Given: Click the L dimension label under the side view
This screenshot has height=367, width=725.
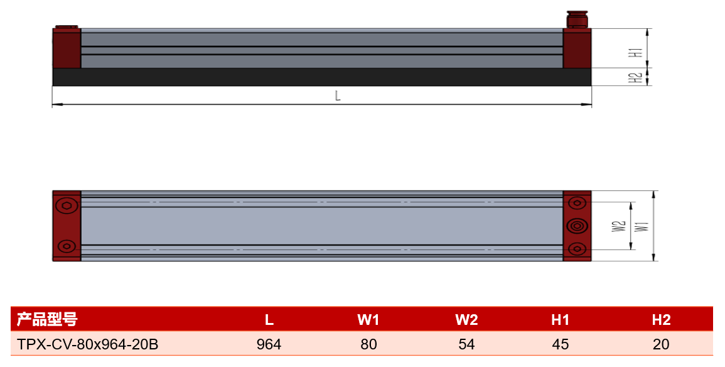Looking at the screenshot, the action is pyautogui.click(x=338, y=96).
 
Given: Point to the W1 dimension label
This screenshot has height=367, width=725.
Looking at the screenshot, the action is pyautogui.click(x=642, y=226).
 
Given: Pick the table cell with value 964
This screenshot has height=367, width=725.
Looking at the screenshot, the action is pyautogui.click(x=269, y=344).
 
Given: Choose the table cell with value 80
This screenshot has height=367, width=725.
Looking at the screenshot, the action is pyautogui.click(x=368, y=344).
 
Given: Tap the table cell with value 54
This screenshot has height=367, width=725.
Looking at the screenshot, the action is pyautogui.click(x=466, y=344).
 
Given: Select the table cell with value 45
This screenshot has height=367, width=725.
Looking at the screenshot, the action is pyautogui.click(x=561, y=344).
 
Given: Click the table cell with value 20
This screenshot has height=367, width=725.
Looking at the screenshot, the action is pyautogui.click(x=661, y=344).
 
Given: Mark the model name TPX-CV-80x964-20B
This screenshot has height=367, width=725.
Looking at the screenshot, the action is pyautogui.click(x=87, y=344).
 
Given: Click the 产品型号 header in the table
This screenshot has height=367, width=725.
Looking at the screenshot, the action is pyautogui.click(x=47, y=319).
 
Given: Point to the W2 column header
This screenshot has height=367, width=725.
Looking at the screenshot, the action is pyautogui.click(x=466, y=320).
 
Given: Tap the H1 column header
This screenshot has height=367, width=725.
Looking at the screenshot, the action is pyautogui.click(x=561, y=320).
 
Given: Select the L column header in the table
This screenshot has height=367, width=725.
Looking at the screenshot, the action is pyautogui.click(x=269, y=320).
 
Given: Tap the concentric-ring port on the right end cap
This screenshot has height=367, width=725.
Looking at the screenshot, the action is pyautogui.click(x=577, y=226).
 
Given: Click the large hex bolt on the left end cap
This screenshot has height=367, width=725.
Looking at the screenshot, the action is pyautogui.click(x=67, y=205).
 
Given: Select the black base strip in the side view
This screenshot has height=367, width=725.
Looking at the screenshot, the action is pyautogui.click(x=322, y=77).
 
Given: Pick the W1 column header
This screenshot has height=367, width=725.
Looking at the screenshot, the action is pyautogui.click(x=368, y=320).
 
